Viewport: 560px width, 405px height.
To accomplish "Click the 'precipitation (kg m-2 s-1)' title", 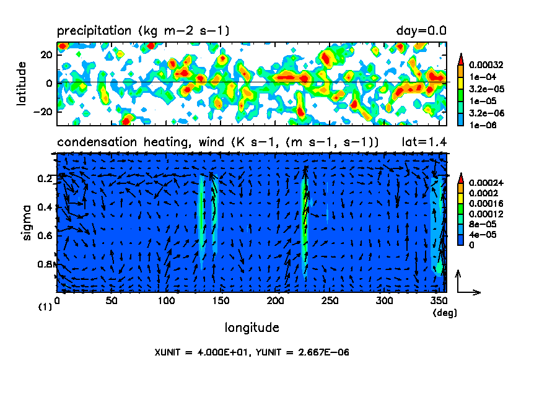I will click(144, 31).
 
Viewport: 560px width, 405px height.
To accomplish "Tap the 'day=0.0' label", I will click(421, 31).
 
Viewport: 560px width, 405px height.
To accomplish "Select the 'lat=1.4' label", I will click(424, 142).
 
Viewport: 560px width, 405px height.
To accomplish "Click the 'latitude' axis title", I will click(22, 83).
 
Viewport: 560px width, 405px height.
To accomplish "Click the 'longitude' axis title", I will click(252, 327).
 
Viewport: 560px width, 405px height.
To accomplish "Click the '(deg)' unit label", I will click(444, 313).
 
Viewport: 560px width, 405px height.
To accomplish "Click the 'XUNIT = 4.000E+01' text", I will click(200, 352).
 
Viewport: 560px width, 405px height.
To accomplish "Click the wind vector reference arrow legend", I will click(465, 284).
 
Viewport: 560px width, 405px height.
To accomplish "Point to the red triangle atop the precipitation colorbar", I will click(461, 58).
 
